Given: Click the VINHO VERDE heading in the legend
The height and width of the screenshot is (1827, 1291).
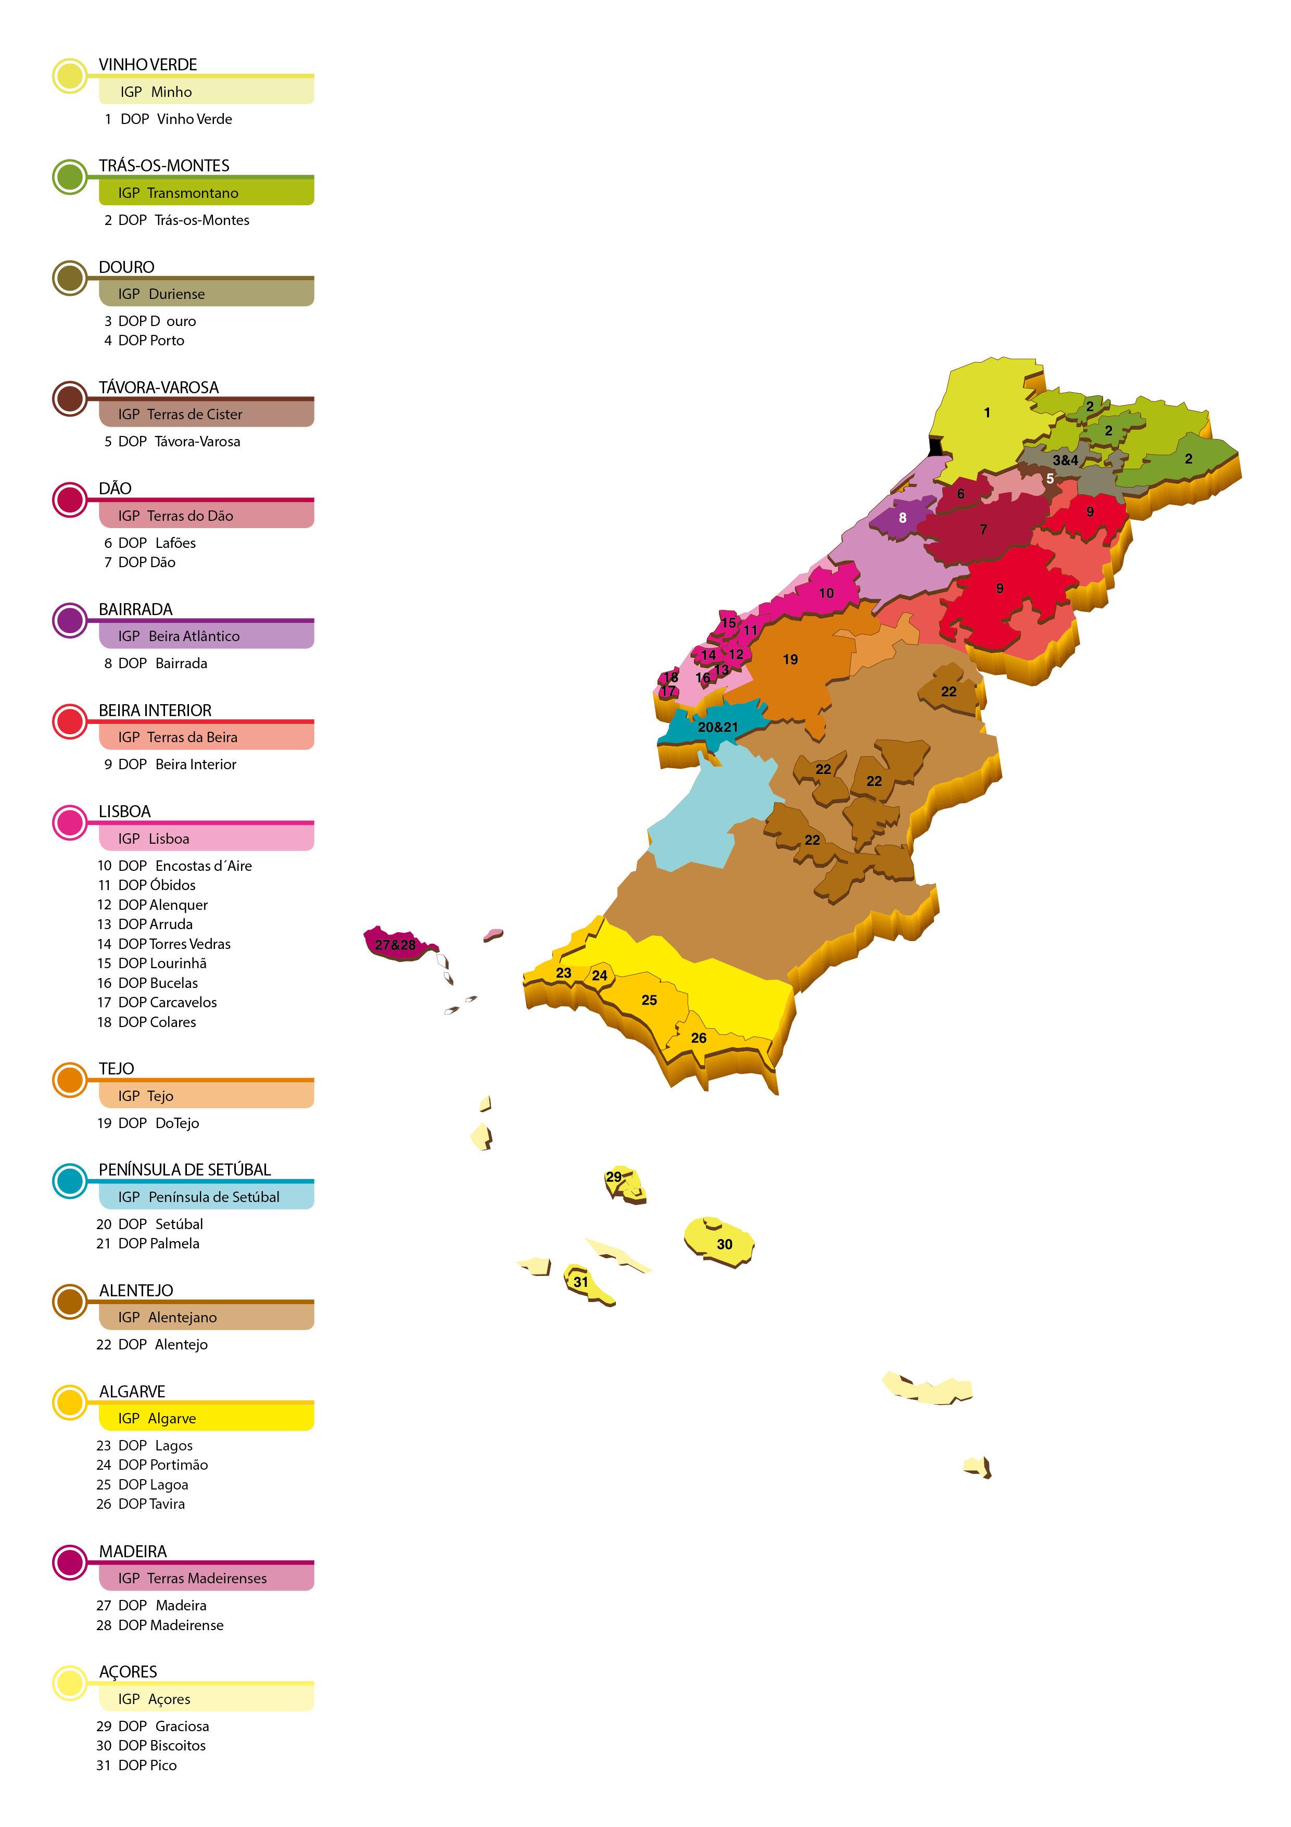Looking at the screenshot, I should pos(148,65).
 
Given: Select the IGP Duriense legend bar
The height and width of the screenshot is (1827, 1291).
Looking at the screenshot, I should pos(206,294).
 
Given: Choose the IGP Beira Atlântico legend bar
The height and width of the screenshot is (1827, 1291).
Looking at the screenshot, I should pos(206,636).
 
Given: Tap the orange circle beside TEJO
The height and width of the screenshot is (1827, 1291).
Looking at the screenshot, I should pos(70,1080).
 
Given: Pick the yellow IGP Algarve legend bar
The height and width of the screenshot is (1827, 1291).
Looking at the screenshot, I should pos(206,1418).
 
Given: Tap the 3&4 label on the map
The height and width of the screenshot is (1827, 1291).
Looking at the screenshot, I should pos(1065,460).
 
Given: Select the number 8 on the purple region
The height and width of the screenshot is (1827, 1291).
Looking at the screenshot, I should pos(902,518).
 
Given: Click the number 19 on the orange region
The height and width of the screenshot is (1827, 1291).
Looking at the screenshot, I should pos(790,660).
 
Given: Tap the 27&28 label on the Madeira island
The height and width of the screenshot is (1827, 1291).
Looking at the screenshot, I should pos(395,945).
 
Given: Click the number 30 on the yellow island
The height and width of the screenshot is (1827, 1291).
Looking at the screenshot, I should pos(725,1245).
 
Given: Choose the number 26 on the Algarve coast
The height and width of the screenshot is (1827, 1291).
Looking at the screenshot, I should pos(699,1038).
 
